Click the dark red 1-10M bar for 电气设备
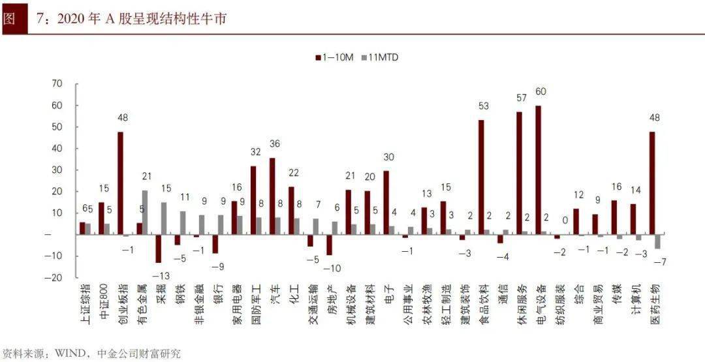click(x=538, y=170)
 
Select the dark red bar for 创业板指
click(x=120, y=183)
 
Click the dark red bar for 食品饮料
click(x=481, y=177)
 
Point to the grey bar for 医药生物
click(x=658, y=241)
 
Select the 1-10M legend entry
click(x=334, y=57)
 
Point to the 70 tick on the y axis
click(x=56, y=83)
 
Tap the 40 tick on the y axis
click(x=56, y=148)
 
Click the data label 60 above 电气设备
click(x=540, y=91)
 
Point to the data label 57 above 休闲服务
click(x=522, y=98)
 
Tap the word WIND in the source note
click(x=68, y=354)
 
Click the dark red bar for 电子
click(x=386, y=202)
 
